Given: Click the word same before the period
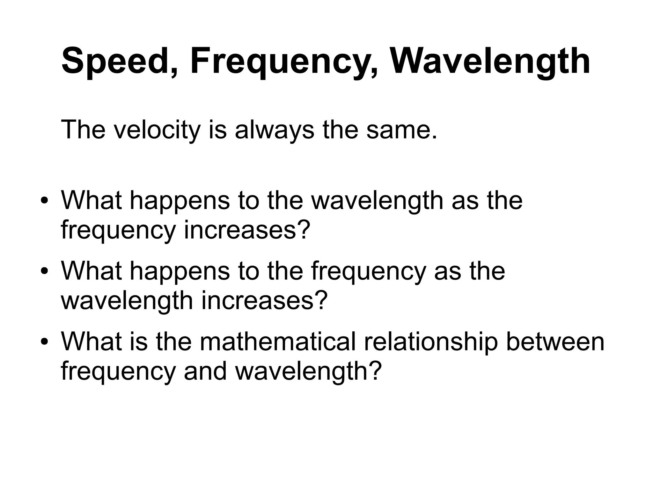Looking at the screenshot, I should coord(397,130).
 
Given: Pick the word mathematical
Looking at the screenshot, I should coord(277,342).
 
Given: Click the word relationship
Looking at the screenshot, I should coord(431,342).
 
